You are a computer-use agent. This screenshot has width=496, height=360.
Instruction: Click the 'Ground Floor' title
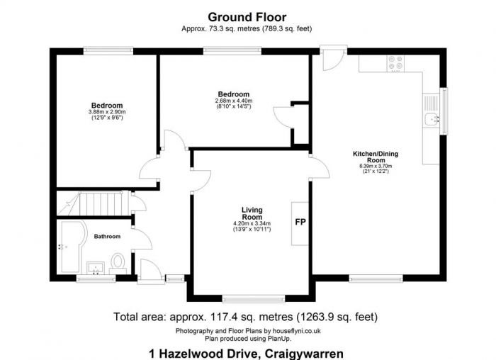pyautogui.click(x=247, y=16)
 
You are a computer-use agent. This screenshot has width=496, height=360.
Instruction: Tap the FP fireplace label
pyautogui.click(x=300, y=222)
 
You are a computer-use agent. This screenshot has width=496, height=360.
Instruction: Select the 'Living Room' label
pyautogui.click(x=253, y=213)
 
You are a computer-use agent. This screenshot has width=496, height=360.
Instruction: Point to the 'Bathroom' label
pyautogui.click(x=108, y=237)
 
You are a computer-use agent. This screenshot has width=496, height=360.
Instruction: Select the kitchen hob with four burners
pyautogui.click(x=395, y=64)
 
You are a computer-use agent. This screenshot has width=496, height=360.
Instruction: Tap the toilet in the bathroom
pyautogui.click(x=119, y=263)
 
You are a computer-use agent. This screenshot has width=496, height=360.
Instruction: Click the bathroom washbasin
pyautogui.click(x=96, y=268)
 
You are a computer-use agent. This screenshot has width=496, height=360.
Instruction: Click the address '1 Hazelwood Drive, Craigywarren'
pyautogui.click(x=247, y=352)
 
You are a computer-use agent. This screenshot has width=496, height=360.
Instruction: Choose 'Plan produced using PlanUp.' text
pyautogui.click(x=247, y=337)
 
